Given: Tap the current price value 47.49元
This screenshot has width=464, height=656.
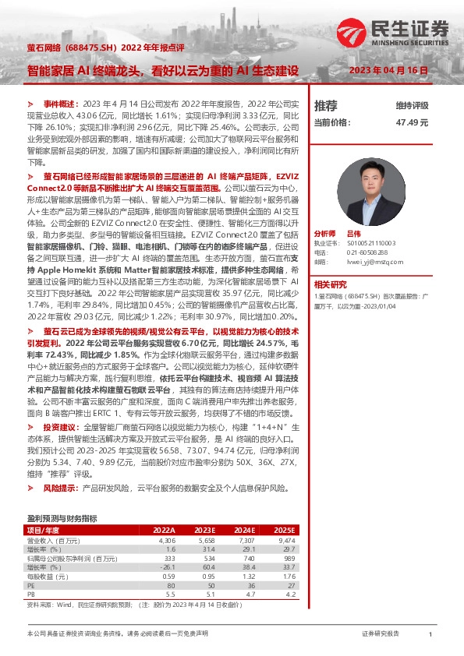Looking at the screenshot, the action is coord(413,122).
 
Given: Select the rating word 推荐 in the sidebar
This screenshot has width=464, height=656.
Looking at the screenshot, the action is coord(326,105).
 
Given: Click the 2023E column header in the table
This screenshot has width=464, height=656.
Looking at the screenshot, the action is coord(205,529).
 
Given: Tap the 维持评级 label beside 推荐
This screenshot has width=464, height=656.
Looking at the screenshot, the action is coord(413,105).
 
